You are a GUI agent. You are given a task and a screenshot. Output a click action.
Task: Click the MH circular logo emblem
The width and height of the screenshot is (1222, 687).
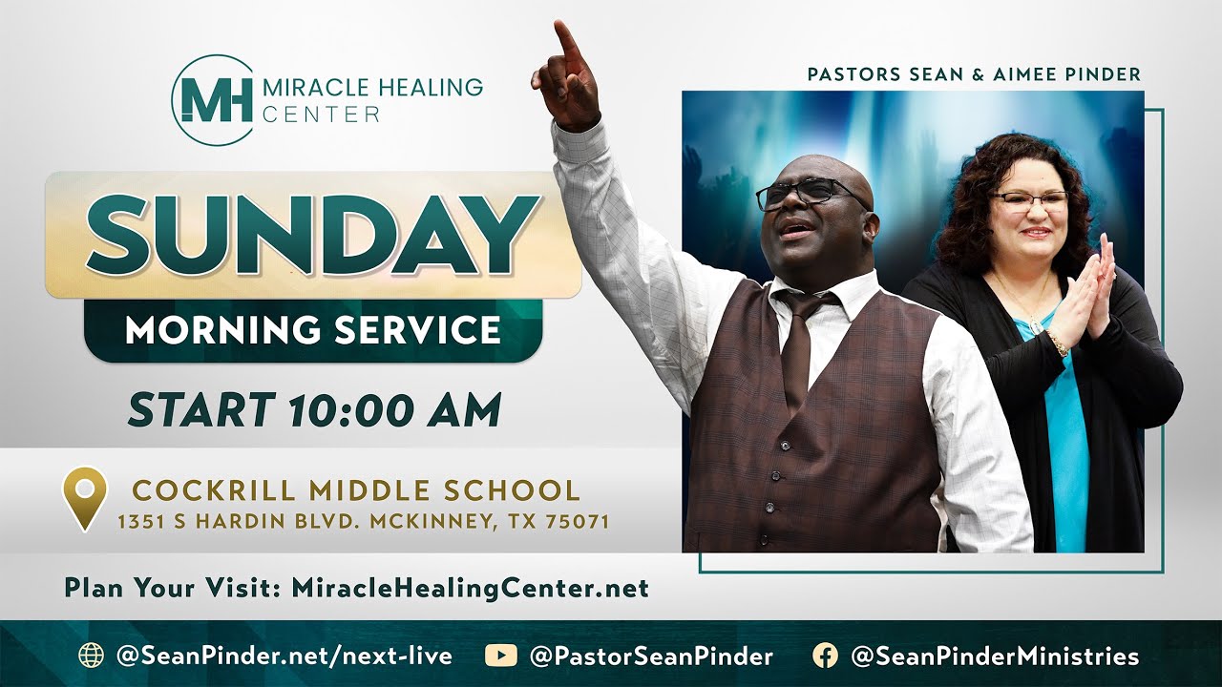coord(212,100)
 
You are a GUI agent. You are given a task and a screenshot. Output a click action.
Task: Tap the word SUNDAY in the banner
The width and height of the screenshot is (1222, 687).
coord(312,234)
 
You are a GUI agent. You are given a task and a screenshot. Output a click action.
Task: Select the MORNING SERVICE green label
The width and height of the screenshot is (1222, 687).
coord(313,330)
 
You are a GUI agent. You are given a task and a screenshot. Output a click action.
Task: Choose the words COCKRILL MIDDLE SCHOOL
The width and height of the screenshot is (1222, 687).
coord(356,490)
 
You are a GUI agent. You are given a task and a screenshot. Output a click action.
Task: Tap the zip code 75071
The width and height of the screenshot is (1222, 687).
coord(579,522)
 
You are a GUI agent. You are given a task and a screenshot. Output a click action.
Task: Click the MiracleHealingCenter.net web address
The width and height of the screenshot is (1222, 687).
coord(470,588)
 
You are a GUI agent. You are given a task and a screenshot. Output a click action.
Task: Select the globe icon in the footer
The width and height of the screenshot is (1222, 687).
coord(92,656)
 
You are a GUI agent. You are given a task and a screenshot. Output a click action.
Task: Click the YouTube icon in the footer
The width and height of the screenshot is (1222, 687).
coord(500,656)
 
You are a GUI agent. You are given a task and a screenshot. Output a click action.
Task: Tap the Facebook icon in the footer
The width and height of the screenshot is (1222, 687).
coord(825,656)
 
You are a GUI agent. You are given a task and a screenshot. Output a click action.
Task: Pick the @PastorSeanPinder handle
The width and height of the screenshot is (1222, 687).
coord(651,656)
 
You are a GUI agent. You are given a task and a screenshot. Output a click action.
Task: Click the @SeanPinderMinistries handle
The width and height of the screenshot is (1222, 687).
coord(994,656)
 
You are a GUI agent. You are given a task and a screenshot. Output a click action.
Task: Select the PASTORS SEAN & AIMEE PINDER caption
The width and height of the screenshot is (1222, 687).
coord(974,74)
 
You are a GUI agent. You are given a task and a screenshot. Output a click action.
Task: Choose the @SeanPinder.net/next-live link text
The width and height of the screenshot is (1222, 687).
coord(284,656)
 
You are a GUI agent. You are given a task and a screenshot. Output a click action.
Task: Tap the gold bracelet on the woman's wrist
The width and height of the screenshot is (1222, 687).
coord(1058,341)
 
